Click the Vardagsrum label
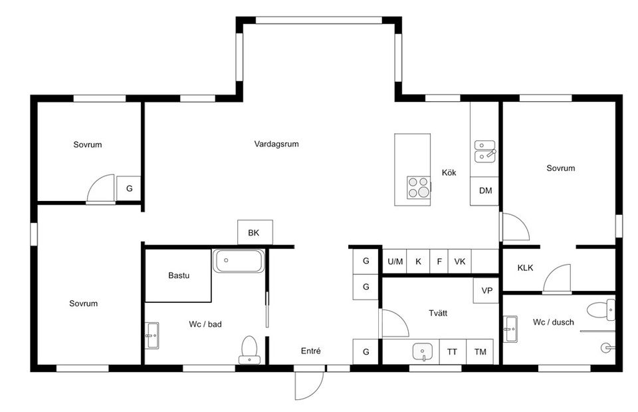276,144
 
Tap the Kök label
449,172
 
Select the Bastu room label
179,276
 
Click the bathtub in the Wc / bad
239,261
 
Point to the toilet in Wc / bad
249,350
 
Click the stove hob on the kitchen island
419,188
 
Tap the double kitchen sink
485,151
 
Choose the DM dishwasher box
484,191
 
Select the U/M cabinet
395,261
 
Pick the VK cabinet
460,261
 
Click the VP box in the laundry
486,291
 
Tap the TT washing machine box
453,351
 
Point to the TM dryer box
480,351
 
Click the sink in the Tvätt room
423,351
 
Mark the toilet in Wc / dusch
601,309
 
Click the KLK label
525,268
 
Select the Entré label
311,351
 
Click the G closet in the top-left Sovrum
129,188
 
